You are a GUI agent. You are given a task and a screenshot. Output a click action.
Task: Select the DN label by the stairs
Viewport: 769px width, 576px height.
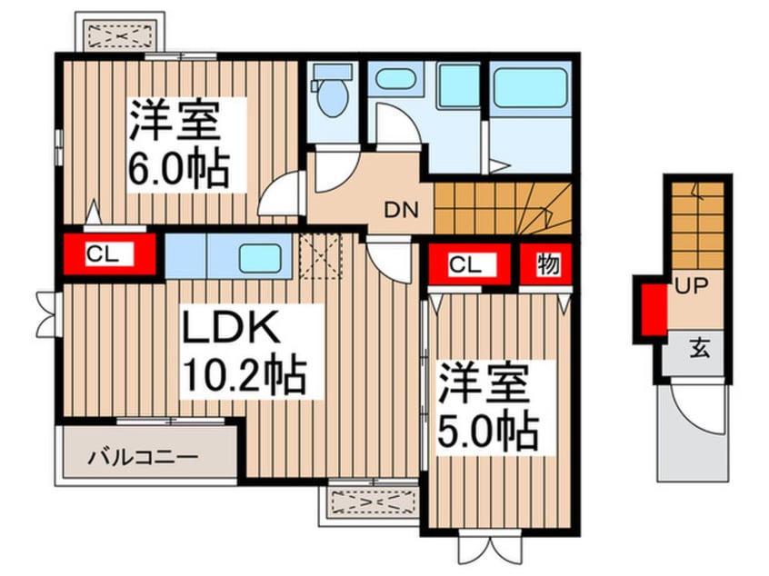400,212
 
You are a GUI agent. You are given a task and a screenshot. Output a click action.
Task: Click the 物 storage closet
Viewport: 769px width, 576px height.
547,264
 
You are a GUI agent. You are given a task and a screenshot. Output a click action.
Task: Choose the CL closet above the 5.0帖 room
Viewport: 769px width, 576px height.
464,264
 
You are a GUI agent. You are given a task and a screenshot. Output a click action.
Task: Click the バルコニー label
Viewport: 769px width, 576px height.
143,454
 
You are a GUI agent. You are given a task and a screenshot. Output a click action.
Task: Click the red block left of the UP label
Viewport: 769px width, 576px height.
651,309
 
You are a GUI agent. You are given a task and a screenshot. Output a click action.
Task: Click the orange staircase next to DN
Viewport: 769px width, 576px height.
502,208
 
